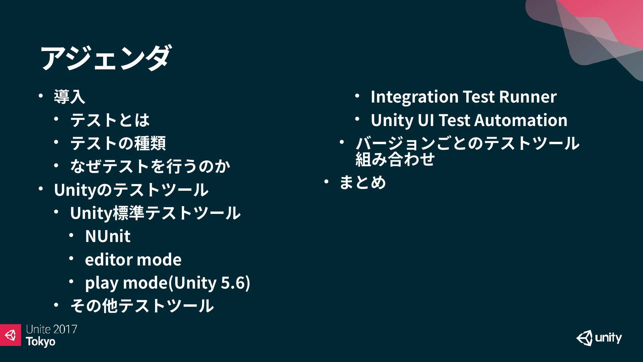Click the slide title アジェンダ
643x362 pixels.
(105, 58)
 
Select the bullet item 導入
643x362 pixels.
(70, 97)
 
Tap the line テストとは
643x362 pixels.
(110, 120)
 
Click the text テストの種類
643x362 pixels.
(118, 143)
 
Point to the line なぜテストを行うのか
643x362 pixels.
(150, 166)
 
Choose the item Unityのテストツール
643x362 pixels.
(131, 190)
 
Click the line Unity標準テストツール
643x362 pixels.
(155, 213)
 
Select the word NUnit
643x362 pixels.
(108, 236)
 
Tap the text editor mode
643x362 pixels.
(133, 259)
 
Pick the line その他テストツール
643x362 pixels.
(142, 306)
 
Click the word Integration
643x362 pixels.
(415, 97)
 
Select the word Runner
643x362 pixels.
(528, 97)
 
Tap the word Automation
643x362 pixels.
(521, 120)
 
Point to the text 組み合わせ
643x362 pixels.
(395, 159)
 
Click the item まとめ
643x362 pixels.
(363, 183)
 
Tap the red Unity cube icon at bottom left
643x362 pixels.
(10, 335)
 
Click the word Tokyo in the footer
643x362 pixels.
(41, 342)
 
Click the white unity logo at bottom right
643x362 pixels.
(599, 338)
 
